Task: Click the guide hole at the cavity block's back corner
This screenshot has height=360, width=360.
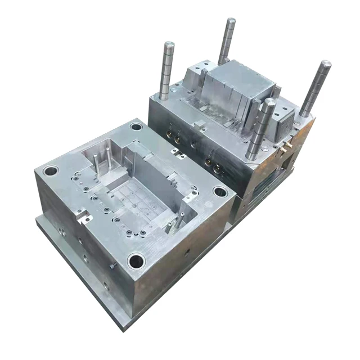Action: point(136,127)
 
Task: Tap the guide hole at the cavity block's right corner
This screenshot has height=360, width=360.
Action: point(220,192)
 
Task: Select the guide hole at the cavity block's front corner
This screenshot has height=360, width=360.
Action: point(135,260)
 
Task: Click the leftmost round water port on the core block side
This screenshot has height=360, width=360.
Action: point(169,135)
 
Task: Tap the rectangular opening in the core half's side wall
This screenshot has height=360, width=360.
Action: point(287,163)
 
